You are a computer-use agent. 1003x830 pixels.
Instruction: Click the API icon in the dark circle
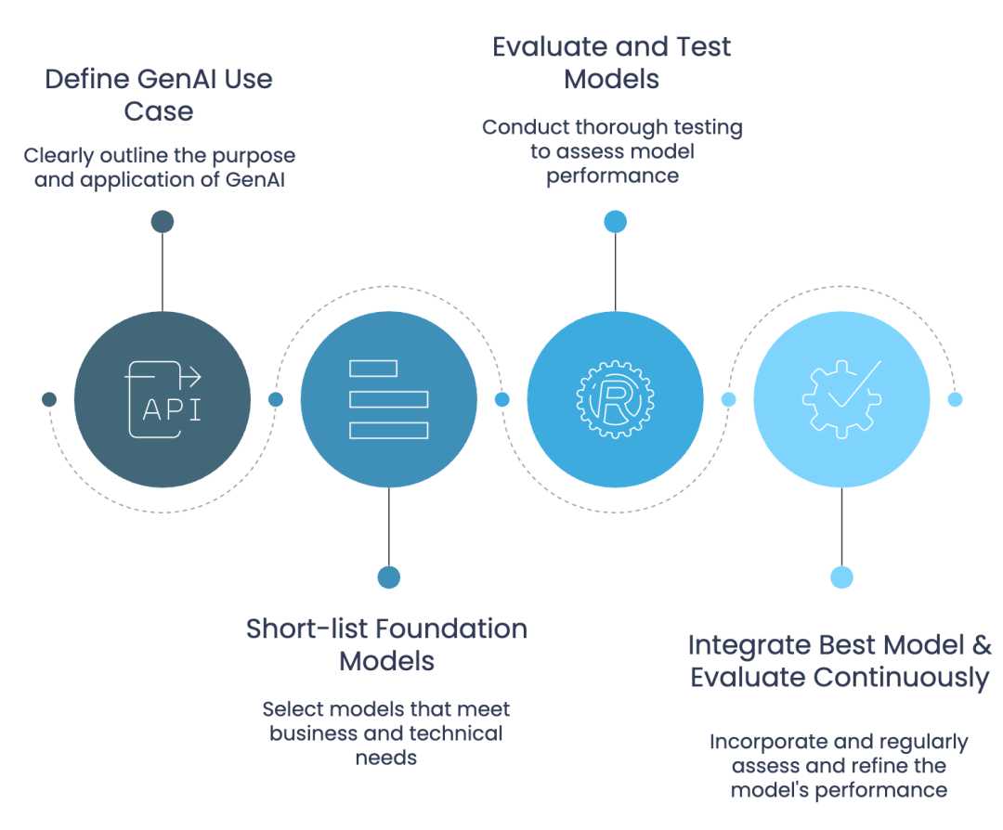[163, 399]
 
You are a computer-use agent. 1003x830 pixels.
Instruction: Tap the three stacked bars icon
[389, 399]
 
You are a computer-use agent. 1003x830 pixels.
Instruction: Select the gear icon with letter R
[616, 399]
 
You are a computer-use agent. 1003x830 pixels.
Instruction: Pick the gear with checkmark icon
[841, 399]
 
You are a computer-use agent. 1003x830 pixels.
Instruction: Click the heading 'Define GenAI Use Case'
[159, 95]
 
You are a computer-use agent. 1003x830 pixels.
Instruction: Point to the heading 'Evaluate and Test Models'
[611, 62]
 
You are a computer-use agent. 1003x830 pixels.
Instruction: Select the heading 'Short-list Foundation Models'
[387, 644]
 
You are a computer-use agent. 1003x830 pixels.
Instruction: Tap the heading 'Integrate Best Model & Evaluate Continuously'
[840, 661]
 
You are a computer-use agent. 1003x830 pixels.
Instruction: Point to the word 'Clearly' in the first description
[59, 156]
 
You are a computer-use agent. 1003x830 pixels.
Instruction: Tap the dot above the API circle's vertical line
[163, 222]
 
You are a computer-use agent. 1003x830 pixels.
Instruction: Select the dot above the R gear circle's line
[616, 222]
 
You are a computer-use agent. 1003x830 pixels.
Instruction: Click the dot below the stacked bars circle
[389, 577]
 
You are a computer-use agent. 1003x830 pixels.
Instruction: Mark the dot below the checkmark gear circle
[841, 577]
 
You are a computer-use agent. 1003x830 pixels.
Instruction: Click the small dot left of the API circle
[49, 399]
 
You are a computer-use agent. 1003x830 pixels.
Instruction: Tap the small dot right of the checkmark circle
[955, 399]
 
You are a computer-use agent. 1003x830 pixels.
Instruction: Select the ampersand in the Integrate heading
[982, 645]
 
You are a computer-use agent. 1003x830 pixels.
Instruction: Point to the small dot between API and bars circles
[276, 399]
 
